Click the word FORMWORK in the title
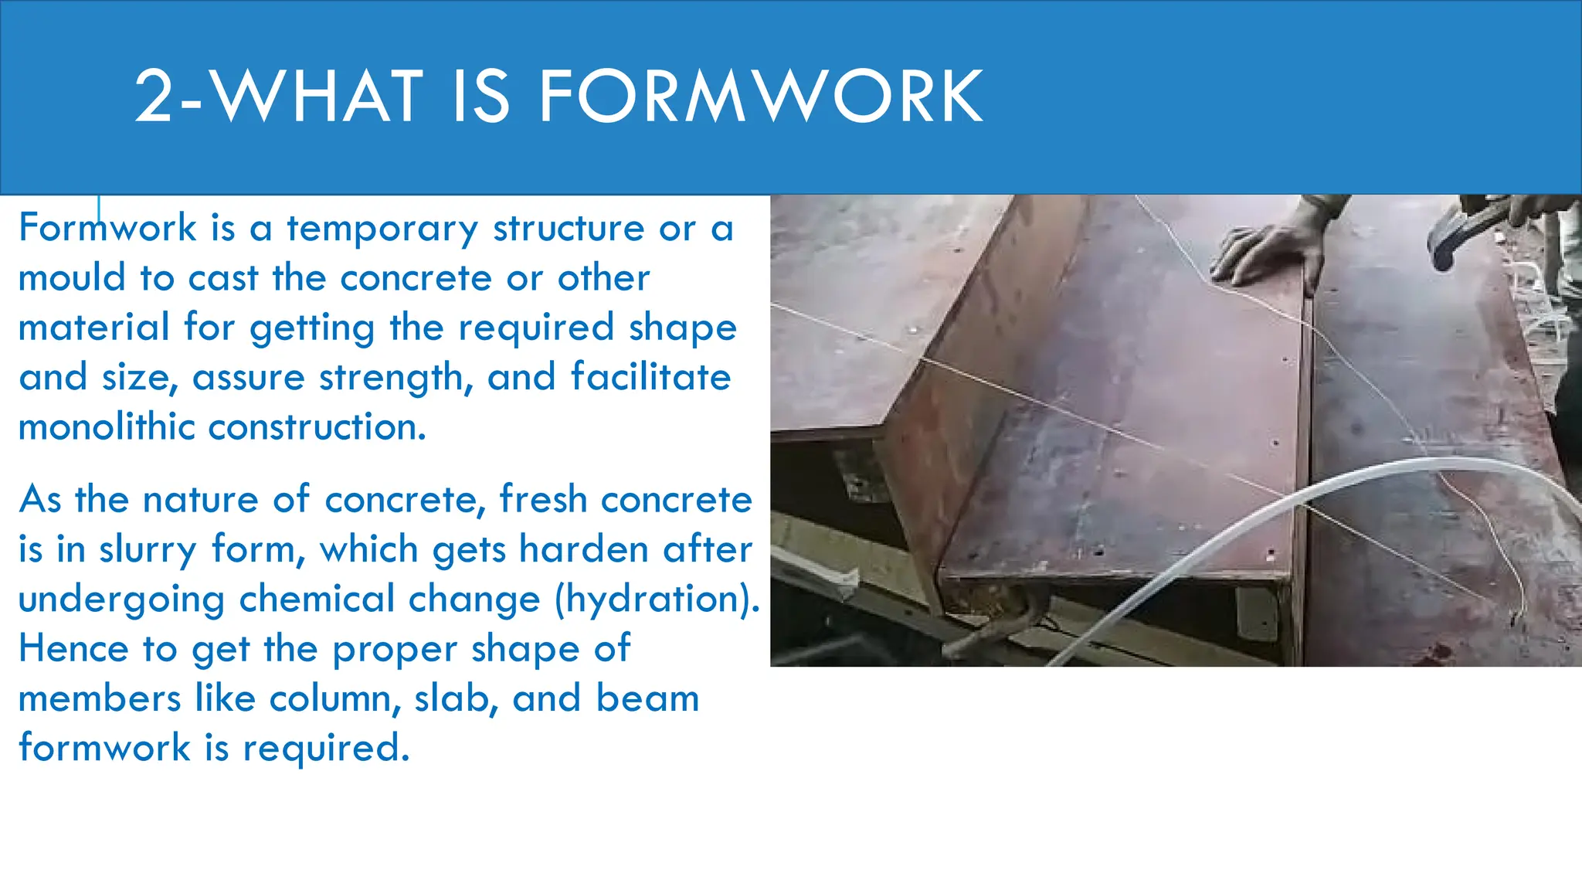click(760, 97)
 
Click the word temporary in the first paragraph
click(382, 229)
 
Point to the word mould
click(72, 277)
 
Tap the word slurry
click(148, 550)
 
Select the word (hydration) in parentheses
click(657, 600)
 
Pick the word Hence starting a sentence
click(73, 648)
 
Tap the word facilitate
click(650, 378)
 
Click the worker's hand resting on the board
click(1267, 251)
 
